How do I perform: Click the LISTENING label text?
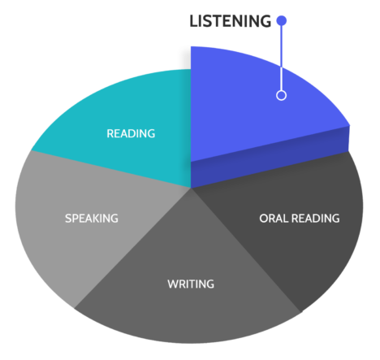coord(230,21)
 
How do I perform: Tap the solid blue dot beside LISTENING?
coord(282,20)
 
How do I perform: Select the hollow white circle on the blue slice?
coord(282,95)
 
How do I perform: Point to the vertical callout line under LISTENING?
coord(282,58)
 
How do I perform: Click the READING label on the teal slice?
coord(131,133)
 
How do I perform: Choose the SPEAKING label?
coord(92,219)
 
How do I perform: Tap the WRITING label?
coord(191,284)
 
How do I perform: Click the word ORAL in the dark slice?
coord(274,219)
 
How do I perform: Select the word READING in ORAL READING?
coord(316,219)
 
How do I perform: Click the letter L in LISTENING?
coord(194,21)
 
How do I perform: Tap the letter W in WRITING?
coord(173,284)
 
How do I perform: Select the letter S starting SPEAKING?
coord(68,219)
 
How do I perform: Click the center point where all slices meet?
coord(191,188)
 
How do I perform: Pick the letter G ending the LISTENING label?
coord(266,21)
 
